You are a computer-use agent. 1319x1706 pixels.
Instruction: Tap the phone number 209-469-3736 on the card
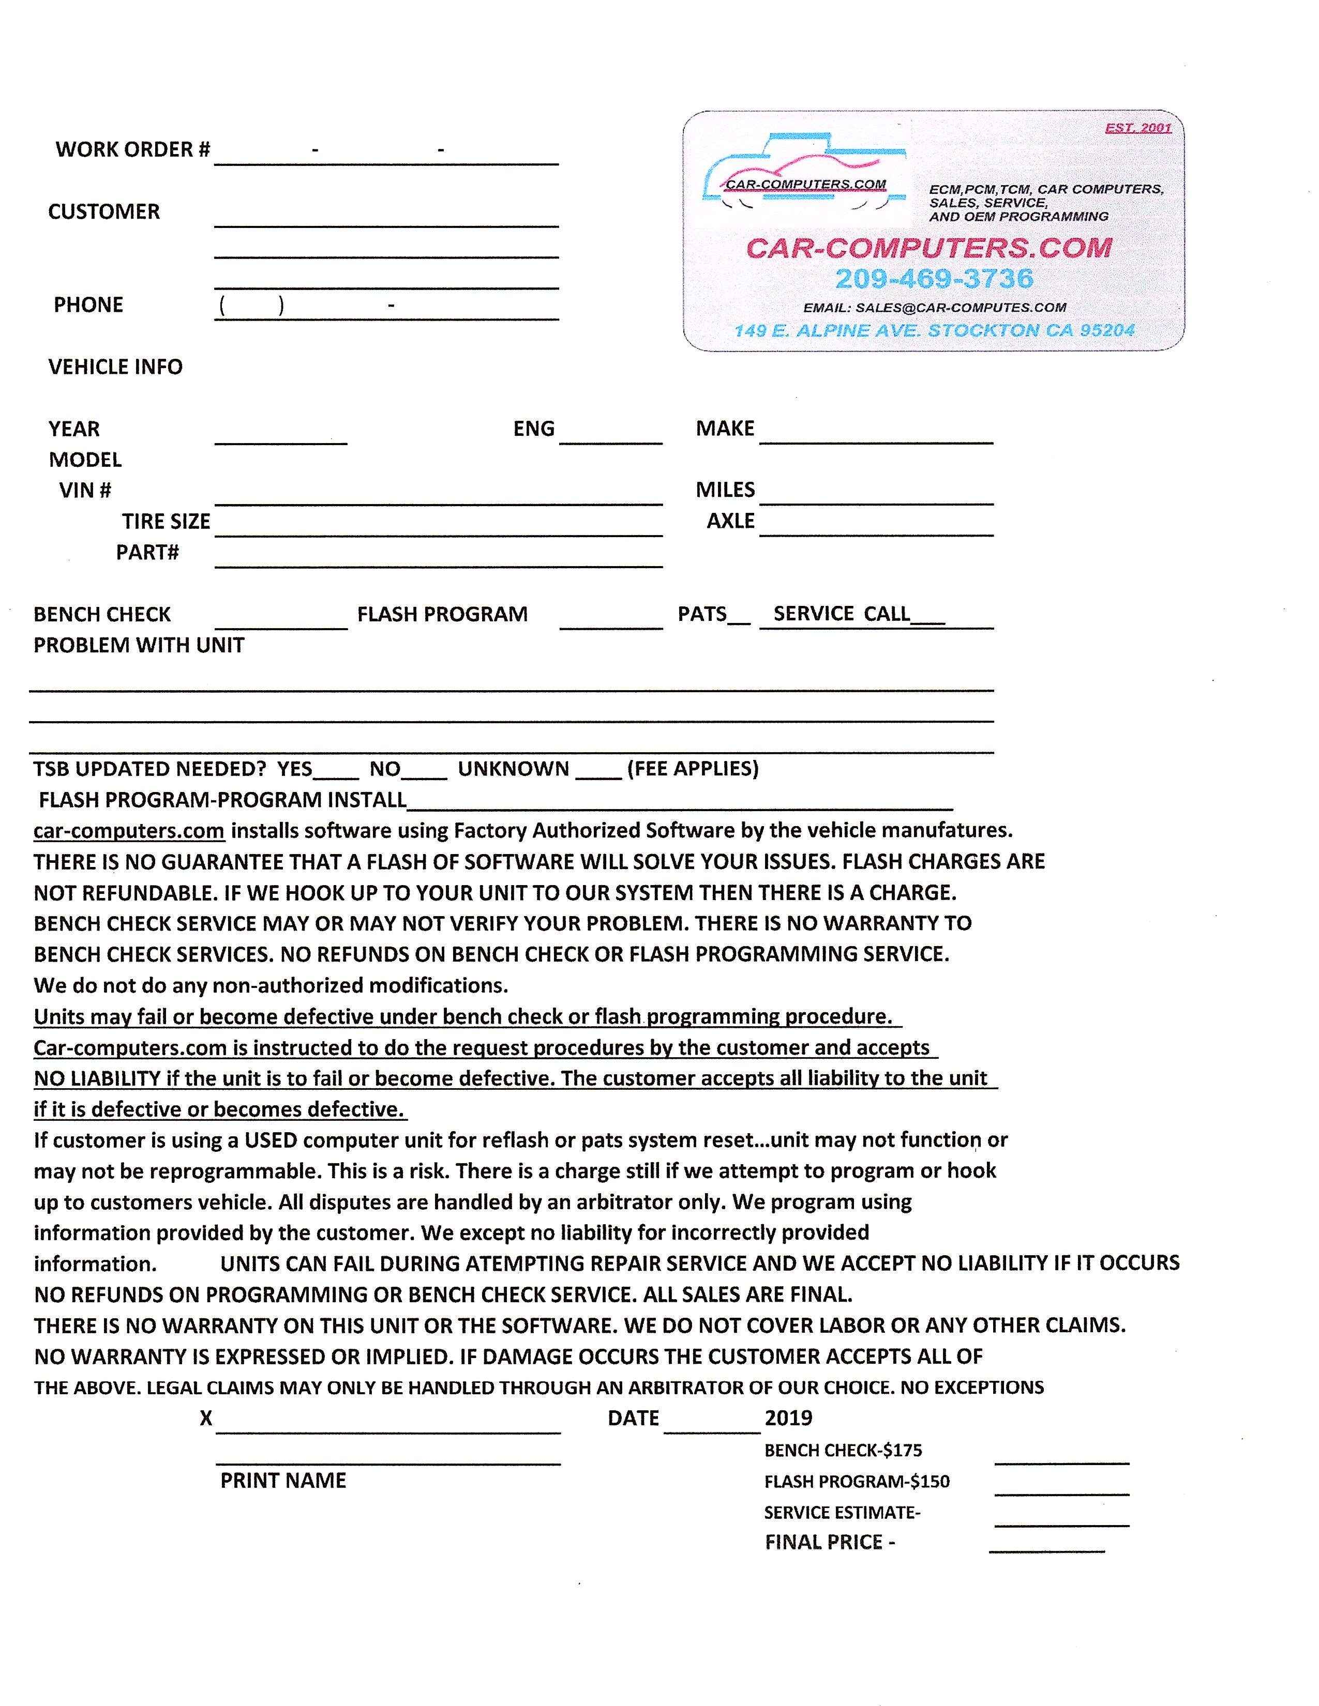(x=934, y=278)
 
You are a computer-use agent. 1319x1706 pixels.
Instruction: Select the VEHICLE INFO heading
(x=116, y=367)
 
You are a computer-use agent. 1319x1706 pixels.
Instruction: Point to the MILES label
(x=725, y=490)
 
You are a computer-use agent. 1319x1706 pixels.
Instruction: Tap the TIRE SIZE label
(x=166, y=521)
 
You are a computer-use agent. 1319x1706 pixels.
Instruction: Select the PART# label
(x=148, y=552)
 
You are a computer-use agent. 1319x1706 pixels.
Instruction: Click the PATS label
(x=702, y=614)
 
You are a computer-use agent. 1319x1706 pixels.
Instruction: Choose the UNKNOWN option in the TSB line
(x=514, y=769)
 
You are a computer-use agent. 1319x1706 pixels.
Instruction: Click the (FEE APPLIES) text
(x=692, y=769)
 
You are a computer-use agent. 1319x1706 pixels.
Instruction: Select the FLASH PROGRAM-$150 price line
(x=857, y=1482)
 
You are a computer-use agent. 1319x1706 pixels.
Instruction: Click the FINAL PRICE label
(x=830, y=1542)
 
